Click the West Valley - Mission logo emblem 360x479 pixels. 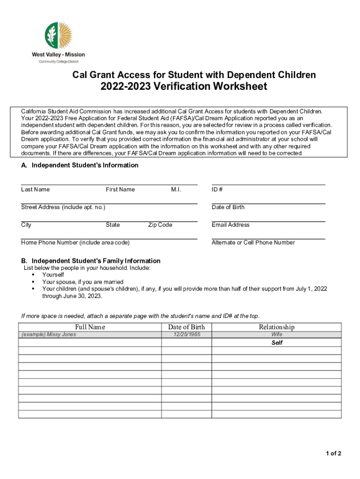pos(58,36)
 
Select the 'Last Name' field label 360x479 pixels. pos(35,189)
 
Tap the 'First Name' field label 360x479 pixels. pos(120,189)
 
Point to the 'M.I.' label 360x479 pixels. pos(176,189)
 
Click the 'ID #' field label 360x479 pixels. pos(217,189)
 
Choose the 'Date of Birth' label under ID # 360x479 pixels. pos(228,207)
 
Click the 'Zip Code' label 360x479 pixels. pos(160,225)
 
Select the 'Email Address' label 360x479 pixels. pos(230,225)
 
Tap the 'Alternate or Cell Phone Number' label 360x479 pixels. pos(253,243)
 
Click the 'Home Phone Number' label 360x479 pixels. pos(75,243)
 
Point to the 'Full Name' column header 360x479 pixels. pos(90,327)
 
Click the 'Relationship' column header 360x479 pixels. pos(276,327)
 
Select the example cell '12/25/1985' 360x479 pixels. pos(186,334)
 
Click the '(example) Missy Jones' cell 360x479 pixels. pos(49,334)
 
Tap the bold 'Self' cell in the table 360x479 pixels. pos(277,342)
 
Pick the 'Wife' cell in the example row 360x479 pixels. pos(277,334)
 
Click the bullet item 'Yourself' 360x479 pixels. pos(53,275)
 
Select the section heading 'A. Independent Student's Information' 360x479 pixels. pos(79,165)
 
